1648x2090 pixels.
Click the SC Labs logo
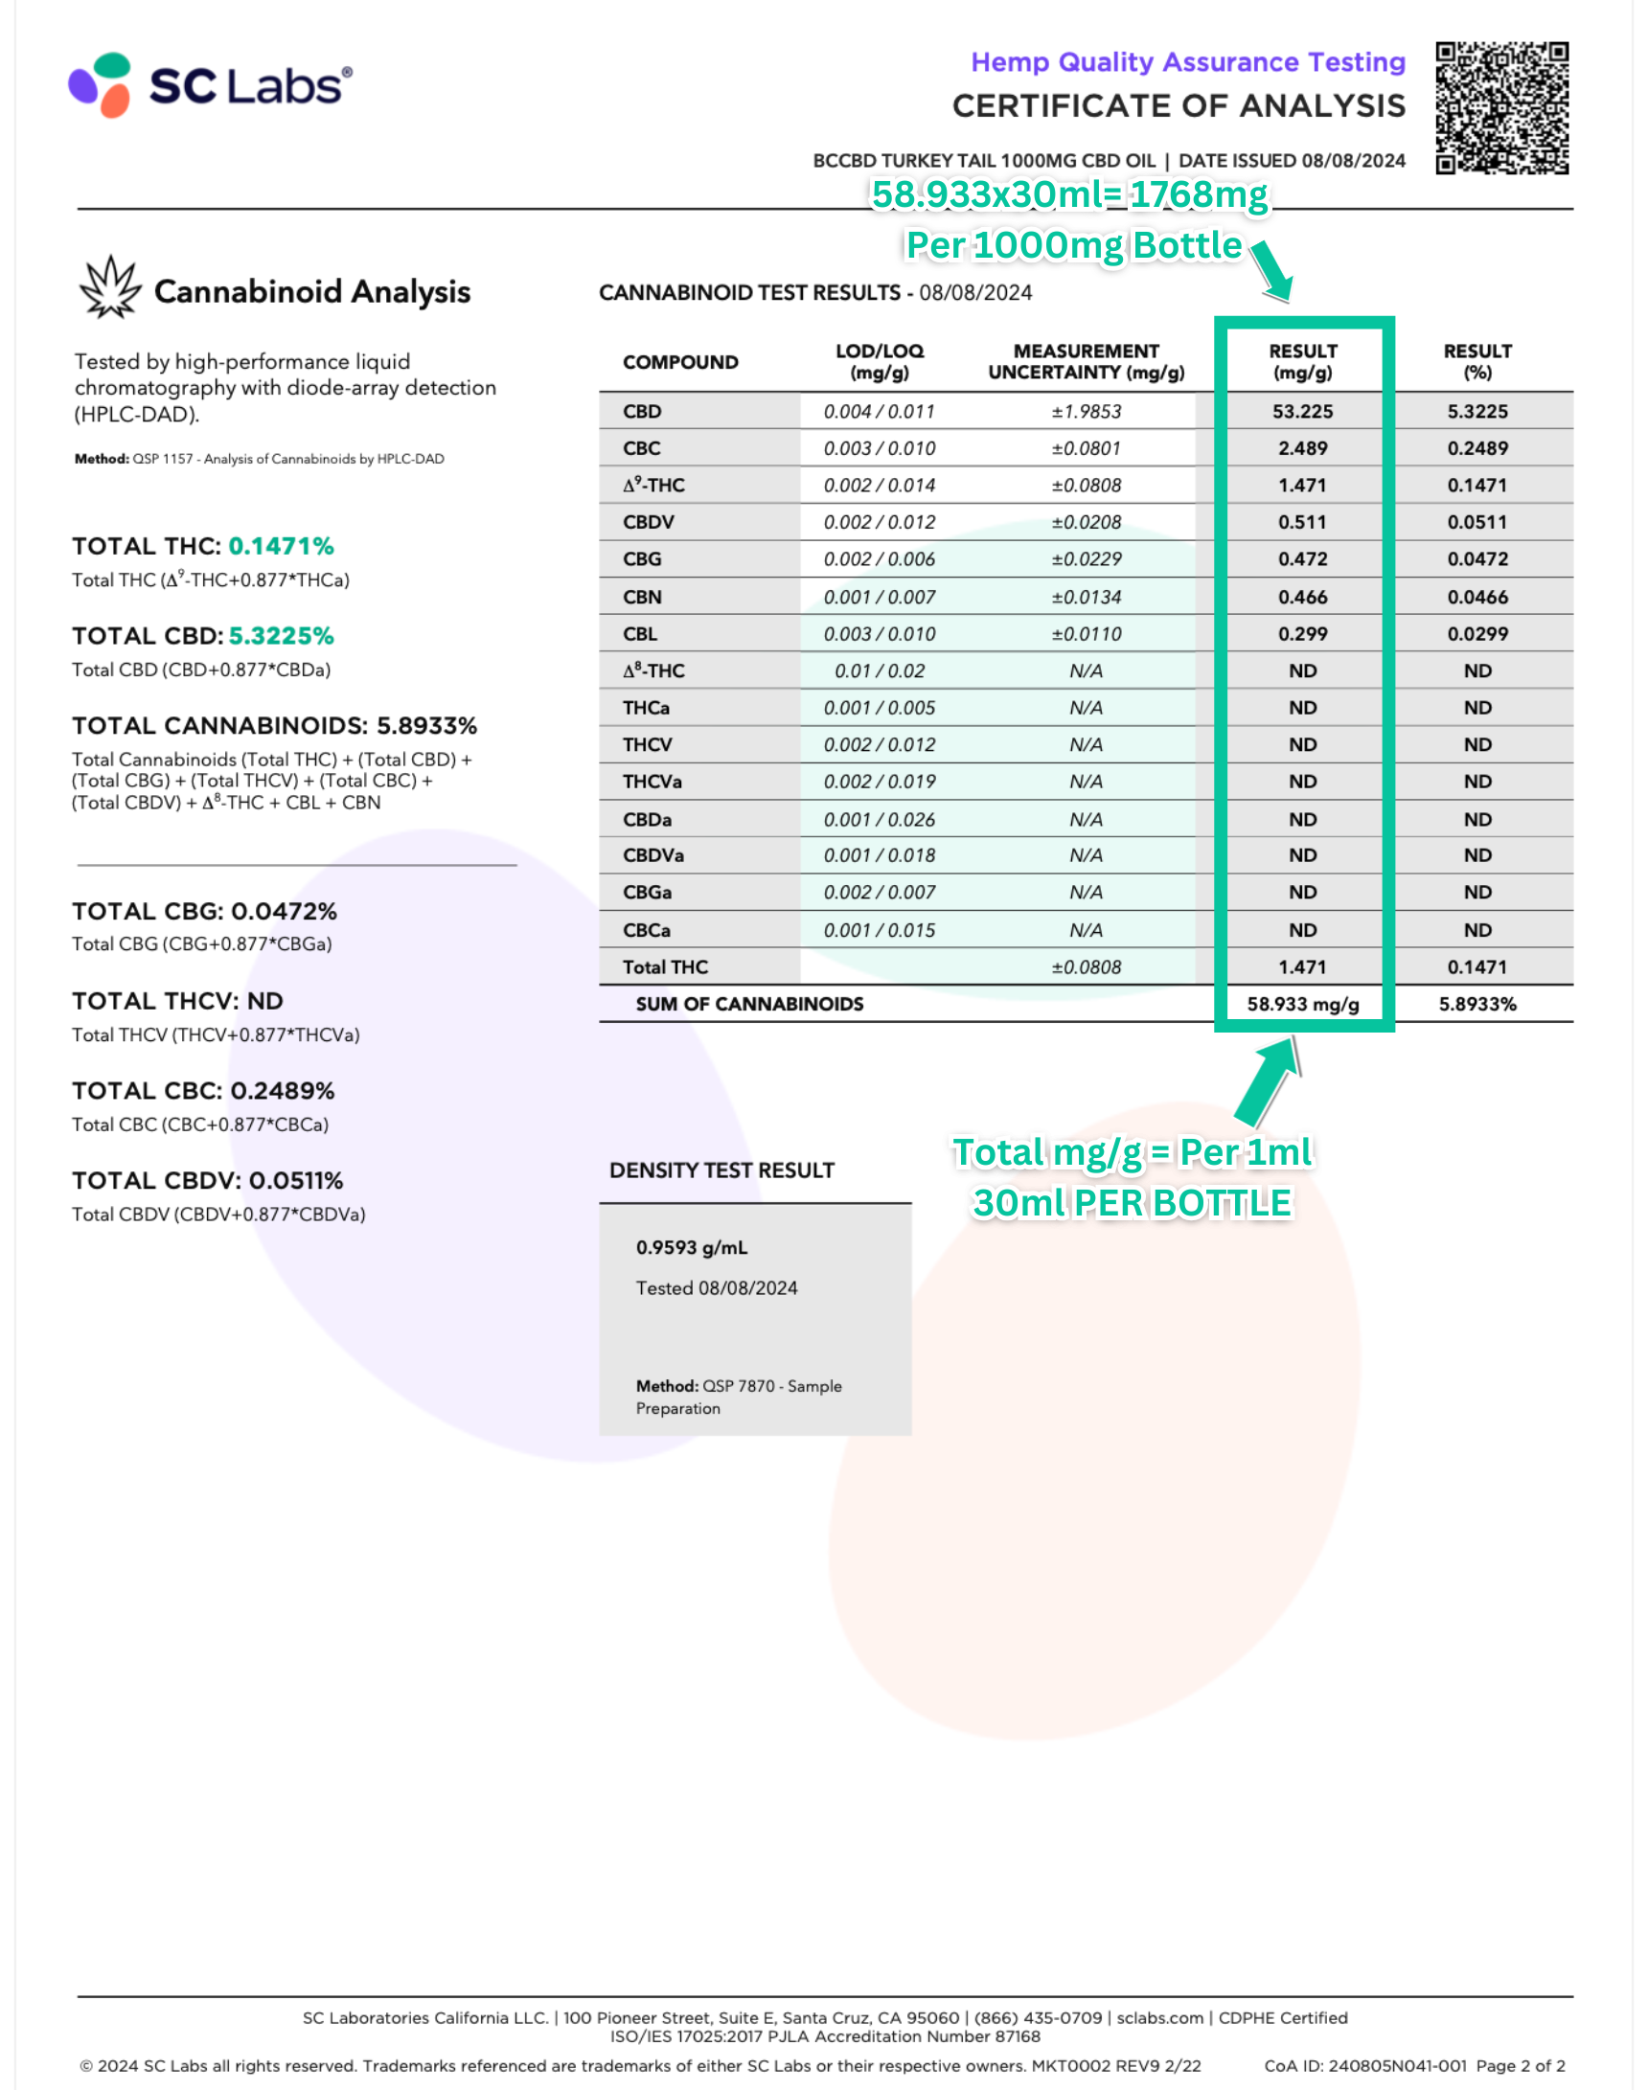[x=211, y=85]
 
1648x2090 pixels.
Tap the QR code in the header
[x=1501, y=107]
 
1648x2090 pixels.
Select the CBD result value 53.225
[x=1301, y=412]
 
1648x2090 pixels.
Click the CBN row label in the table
[x=642, y=597]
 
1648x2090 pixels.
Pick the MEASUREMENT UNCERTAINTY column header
[x=1086, y=362]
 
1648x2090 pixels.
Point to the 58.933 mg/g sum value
[x=1301, y=1004]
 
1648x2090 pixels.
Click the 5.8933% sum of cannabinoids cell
[x=1476, y=1004]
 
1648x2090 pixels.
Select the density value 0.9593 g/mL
[x=691, y=1247]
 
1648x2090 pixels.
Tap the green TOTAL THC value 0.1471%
[x=281, y=546]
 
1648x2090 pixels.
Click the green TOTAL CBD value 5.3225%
[x=281, y=636]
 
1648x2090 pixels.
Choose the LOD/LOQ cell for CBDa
[x=879, y=820]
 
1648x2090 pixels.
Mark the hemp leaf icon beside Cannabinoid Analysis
[x=109, y=287]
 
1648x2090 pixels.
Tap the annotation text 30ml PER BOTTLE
[x=1131, y=1203]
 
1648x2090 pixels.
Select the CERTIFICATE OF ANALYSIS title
[x=1179, y=106]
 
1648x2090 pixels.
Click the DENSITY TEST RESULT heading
[x=721, y=1170]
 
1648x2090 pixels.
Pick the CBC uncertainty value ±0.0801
[x=1086, y=448]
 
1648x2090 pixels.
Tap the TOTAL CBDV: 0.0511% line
[x=208, y=1180]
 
